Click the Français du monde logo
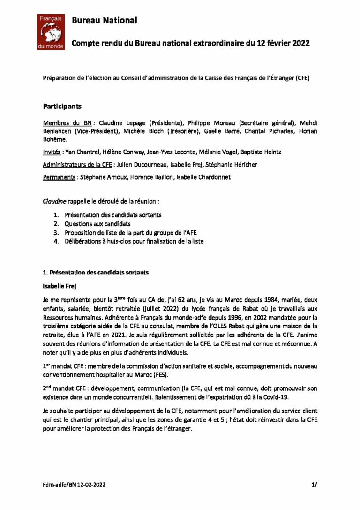52,32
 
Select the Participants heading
62,107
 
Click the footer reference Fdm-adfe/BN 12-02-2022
69,484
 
